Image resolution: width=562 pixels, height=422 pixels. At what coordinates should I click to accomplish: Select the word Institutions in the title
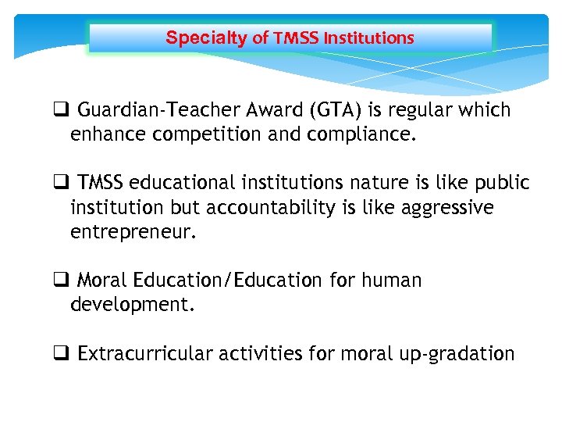368,38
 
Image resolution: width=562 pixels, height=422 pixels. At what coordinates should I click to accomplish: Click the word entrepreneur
130,231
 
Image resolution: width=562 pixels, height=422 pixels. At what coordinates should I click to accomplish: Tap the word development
132,304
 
